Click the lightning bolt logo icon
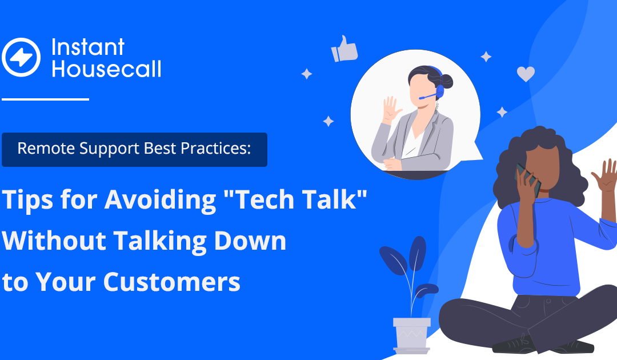coord(21,57)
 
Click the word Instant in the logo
coord(88,47)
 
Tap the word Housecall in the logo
coord(106,69)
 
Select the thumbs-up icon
coord(344,49)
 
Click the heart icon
coord(526,74)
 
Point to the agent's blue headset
coord(437,86)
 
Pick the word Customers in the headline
coord(171,282)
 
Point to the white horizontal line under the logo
coord(45,99)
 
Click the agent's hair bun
coord(446,81)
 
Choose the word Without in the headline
coord(54,241)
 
